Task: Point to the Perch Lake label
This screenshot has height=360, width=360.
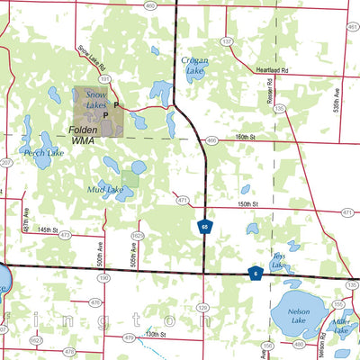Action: point(43,153)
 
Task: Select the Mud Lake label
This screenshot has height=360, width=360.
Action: point(105,190)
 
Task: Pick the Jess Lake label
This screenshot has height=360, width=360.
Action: point(280,260)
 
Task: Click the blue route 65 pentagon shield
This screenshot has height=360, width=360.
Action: point(205,229)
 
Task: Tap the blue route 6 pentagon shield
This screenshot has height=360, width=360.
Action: point(256,274)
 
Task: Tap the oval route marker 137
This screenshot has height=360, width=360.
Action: point(226,42)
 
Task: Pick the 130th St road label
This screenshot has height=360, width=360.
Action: point(157,334)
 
